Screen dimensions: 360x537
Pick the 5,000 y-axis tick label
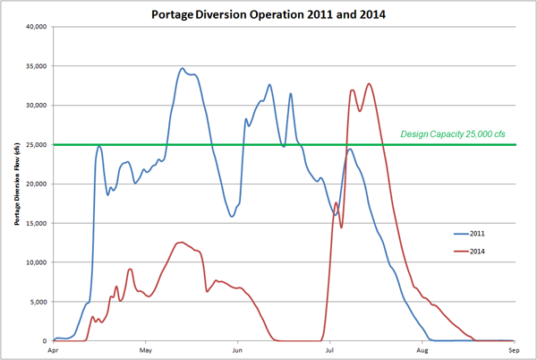(x=37, y=302)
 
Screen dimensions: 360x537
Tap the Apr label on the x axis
(x=53, y=350)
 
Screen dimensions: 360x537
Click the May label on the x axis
(x=144, y=350)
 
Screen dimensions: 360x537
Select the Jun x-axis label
(x=237, y=350)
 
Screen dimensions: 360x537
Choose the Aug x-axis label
(x=422, y=350)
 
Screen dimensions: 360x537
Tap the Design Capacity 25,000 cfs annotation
(x=453, y=134)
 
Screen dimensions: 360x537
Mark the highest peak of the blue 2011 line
(x=183, y=68)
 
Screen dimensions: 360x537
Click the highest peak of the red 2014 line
(x=369, y=84)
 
